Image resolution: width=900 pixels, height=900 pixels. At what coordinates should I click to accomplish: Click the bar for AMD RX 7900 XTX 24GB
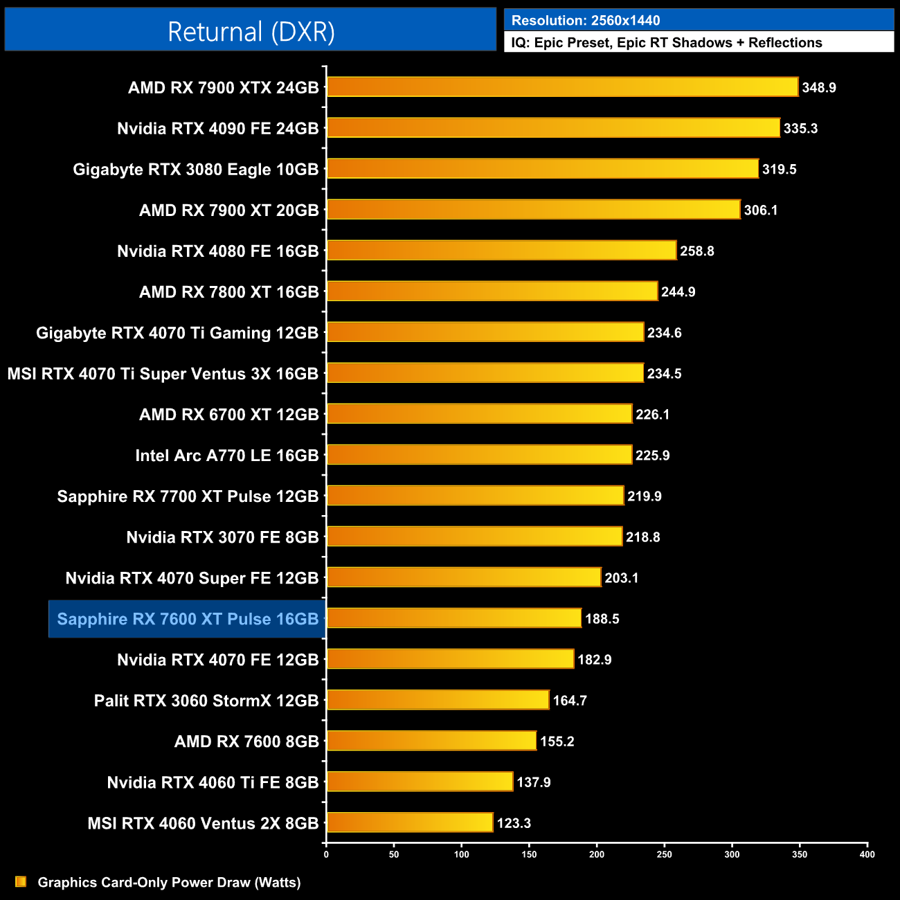562,87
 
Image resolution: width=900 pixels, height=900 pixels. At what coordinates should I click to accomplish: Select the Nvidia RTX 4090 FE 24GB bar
553,128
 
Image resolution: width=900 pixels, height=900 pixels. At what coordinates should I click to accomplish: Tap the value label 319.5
779,170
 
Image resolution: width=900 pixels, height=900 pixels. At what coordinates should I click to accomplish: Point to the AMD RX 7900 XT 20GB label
228,210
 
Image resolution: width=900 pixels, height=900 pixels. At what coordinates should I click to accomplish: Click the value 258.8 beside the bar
696,251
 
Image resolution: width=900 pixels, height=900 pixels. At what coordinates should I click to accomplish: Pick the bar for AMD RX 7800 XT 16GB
492,291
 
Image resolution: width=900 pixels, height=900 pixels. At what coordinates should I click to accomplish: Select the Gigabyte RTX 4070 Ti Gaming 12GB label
177,333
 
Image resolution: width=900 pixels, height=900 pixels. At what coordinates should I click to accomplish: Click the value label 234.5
664,374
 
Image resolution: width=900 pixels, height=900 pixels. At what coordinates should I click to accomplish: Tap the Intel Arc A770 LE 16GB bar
479,455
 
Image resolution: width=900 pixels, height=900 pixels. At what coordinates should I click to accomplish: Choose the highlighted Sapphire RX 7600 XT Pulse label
188,619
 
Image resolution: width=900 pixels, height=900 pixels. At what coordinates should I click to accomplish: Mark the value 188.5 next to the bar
602,619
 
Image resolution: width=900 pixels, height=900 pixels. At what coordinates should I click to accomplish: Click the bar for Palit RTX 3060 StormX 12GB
438,700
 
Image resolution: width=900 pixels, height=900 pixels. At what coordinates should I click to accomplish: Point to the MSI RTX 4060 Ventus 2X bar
410,822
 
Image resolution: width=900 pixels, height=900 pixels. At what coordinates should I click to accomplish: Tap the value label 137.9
533,782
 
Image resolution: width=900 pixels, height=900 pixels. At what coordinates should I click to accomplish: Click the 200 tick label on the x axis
597,854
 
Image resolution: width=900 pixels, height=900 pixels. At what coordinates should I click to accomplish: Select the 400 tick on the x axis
867,854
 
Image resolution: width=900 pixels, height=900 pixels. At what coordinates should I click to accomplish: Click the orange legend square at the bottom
21,881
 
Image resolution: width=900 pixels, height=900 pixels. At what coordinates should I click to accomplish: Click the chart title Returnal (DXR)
251,31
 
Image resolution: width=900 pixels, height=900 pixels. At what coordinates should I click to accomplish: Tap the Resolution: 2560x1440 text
586,21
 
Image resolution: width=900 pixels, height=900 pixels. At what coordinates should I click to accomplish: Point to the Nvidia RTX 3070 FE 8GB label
222,537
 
